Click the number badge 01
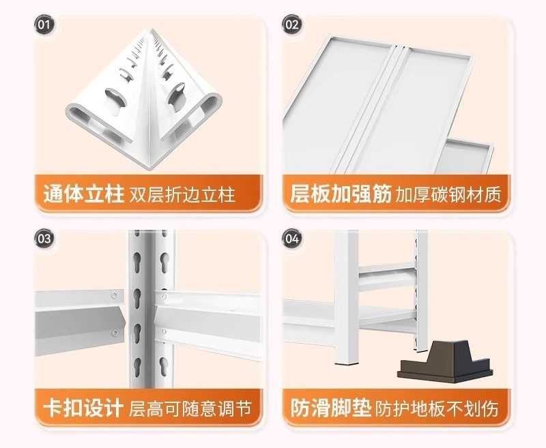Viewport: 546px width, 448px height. (44, 25)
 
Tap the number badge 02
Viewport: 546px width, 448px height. (292, 25)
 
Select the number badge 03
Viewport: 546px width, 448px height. (44, 239)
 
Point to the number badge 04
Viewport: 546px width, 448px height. (292, 239)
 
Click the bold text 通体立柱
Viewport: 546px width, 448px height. (83, 194)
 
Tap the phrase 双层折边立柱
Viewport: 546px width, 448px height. (182, 194)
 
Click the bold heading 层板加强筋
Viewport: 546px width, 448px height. (341, 194)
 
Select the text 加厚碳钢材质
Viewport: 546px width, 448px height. (448, 194)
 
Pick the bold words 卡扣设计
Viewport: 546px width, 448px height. (83, 408)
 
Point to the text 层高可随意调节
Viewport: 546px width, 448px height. (190, 408)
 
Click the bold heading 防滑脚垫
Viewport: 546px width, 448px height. (331, 408)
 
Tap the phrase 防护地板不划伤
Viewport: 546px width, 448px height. (437, 408)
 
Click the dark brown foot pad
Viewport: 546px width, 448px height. (445, 362)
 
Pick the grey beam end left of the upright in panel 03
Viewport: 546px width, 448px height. (80, 322)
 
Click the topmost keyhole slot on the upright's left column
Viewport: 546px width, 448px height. (137, 263)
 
